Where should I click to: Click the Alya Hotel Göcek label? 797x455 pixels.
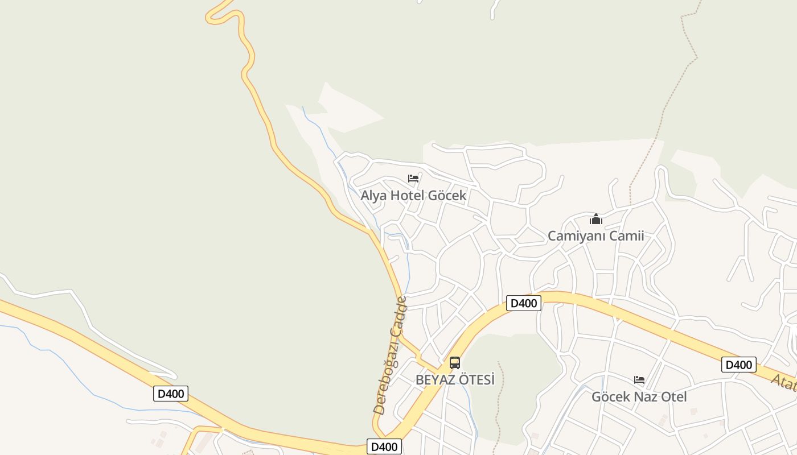tap(413, 195)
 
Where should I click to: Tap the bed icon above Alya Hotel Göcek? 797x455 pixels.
tap(413, 179)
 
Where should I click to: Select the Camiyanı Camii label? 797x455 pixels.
tap(595, 235)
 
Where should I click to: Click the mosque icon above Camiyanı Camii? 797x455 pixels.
tap(596, 219)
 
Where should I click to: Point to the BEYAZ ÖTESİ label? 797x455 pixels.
tap(455, 379)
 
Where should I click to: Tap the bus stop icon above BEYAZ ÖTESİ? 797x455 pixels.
tap(455, 363)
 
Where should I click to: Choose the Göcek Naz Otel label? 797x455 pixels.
tap(639, 396)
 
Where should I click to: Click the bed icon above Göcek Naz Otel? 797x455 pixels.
tap(639, 380)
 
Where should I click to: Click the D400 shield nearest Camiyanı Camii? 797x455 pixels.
tap(523, 303)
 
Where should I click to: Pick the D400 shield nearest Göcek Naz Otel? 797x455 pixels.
tap(738, 365)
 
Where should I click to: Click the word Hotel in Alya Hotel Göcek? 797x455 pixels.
tap(407, 195)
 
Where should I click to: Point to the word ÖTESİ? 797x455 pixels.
tap(475, 379)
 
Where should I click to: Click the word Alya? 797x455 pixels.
tap(373, 195)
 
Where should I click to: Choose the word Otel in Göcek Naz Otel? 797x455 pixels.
tap(672, 396)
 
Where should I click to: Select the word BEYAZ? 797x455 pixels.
tap(434, 379)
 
